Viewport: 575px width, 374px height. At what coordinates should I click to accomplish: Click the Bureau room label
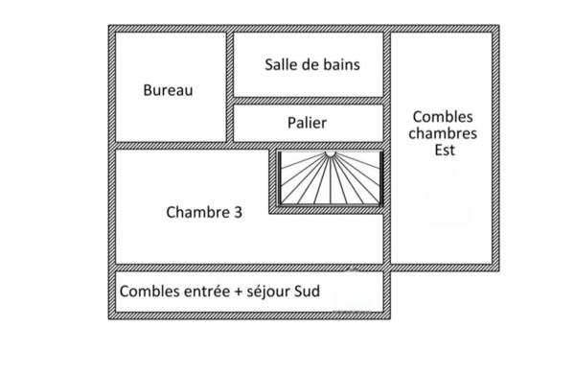(168, 90)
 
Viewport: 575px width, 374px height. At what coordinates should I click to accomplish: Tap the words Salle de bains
(311, 64)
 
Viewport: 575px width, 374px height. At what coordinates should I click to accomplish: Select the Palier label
(307, 123)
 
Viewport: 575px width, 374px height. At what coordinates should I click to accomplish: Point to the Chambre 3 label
(203, 213)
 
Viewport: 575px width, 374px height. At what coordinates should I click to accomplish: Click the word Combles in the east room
(443, 116)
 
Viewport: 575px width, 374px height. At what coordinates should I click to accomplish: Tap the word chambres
(443, 133)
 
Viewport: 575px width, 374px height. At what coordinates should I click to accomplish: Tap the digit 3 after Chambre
(237, 213)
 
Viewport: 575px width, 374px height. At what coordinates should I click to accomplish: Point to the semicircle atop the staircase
(330, 153)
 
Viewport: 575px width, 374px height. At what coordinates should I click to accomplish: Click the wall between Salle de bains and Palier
(309, 101)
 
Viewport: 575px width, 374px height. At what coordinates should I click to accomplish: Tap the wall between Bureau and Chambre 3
(171, 146)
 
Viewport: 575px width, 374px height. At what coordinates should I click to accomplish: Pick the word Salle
(281, 64)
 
